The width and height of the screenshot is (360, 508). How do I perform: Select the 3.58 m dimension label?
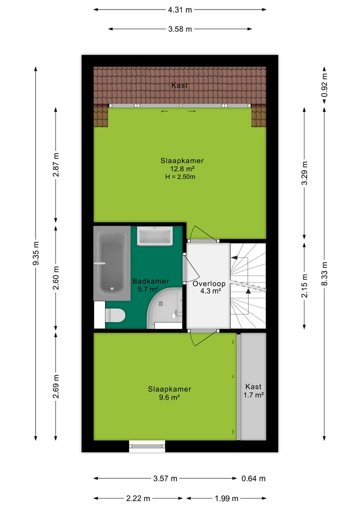[x=180, y=29]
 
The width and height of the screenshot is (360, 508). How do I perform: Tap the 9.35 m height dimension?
[x=35, y=254]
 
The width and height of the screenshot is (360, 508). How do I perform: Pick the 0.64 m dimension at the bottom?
[x=253, y=479]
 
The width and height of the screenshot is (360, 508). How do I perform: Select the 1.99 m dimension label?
[x=226, y=498]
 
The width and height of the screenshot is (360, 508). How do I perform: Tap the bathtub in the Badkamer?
[x=111, y=263]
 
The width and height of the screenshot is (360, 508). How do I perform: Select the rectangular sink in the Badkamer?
[x=154, y=236]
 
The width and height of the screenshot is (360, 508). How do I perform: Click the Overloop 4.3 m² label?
[x=209, y=287]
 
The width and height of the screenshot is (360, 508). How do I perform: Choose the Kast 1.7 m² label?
[x=253, y=391]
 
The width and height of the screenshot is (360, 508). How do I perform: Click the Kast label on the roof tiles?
[x=179, y=85]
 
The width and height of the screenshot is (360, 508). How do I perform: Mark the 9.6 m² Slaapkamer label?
[x=169, y=394]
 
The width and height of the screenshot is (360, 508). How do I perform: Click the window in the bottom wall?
[x=147, y=446]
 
